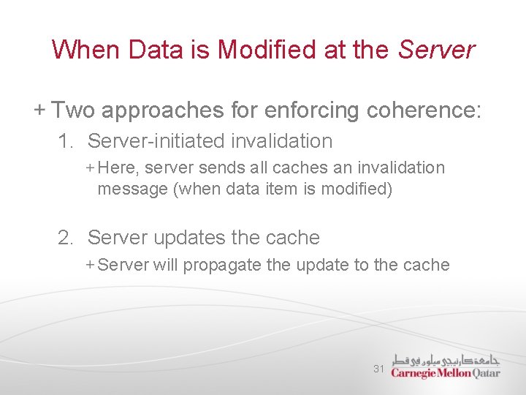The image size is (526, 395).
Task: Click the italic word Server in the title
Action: pyautogui.click(x=436, y=50)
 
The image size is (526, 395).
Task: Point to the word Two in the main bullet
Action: pyautogui.click(x=74, y=110)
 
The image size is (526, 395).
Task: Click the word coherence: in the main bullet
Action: pyautogui.click(x=424, y=110)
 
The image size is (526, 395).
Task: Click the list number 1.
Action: pyautogui.click(x=66, y=141)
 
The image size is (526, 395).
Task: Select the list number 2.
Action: pyautogui.click(x=66, y=238)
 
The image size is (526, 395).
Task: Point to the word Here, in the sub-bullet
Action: pyautogui.click(x=118, y=168)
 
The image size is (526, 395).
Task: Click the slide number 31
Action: pyautogui.click(x=378, y=369)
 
